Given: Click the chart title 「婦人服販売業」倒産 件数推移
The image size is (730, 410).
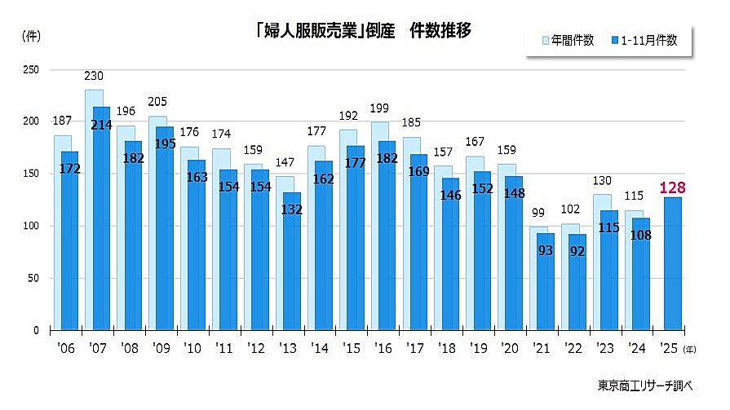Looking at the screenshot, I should pos(363,32).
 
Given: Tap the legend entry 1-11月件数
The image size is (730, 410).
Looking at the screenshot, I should pos(648,40).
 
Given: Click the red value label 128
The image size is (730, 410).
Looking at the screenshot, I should pos(672,188).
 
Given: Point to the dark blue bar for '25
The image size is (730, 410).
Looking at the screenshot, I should pos(673,269).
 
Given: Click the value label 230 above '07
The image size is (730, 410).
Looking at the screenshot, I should pos(94,77).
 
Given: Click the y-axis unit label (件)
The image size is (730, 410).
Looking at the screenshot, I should pos(31,35).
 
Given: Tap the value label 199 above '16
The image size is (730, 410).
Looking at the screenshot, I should pos(378,108).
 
